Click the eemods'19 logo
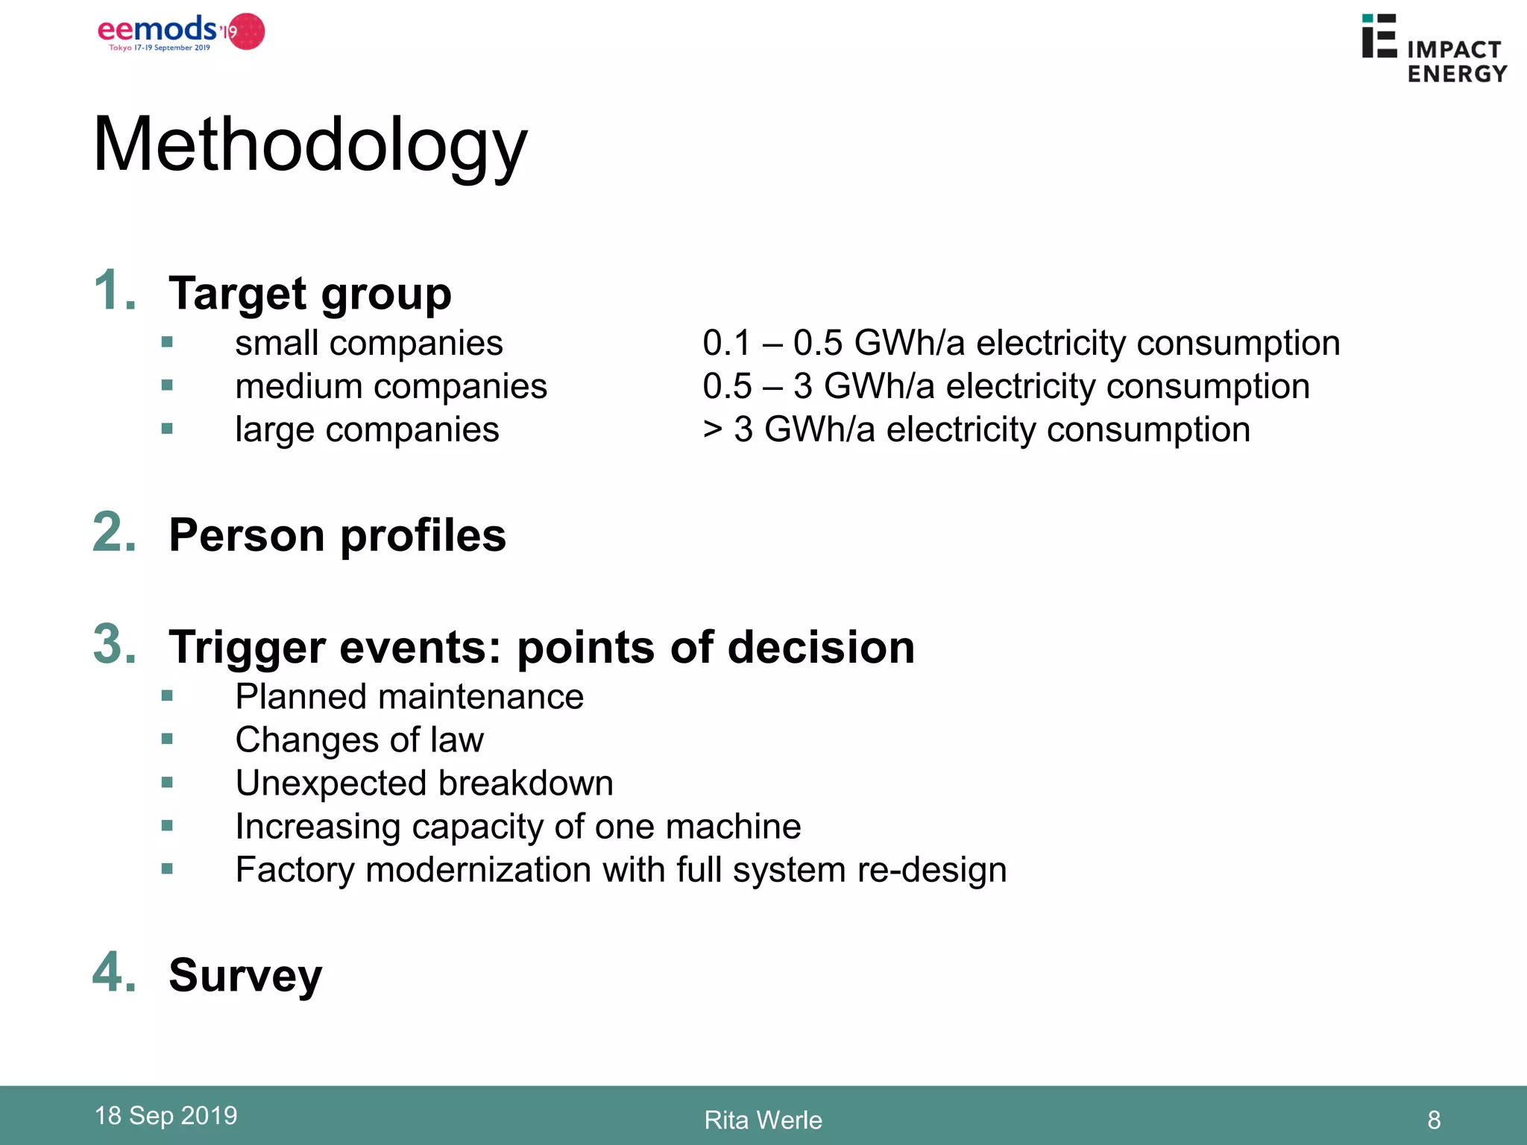pyautogui.click(x=180, y=32)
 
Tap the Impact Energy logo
pyautogui.click(x=1433, y=49)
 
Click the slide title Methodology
pyautogui.click(x=310, y=145)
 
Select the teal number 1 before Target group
pyautogui.click(x=114, y=290)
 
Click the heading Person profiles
pyautogui.click(x=337, y=535)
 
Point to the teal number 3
pyautogui.click(x=114, y=644)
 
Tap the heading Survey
pyautogui.click(x=245, y=975)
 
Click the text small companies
pyautogui.click(x=368, y=343)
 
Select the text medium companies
pyautogui.click(x=391, y=386)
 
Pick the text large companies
pyautogui.click(x=367, y=429)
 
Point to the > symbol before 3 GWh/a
pyautogui.click(x=713, y=429)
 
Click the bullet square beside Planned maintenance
pyautogui.click(x=167, y=696)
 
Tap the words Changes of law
pyautogui.click(x=359, y=739)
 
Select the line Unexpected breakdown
pyautogui.click(x=424, y=783)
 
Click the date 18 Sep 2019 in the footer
pyautogui.click(x=166, y=1115)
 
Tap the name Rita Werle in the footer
pyautogui.click(x=763, y=1120)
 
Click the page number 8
pyautogui.click(x=1433, y=1120)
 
